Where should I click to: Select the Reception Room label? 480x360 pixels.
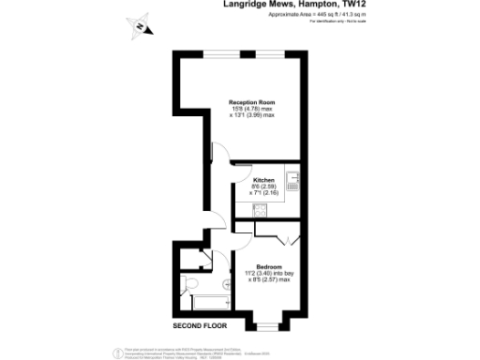253,101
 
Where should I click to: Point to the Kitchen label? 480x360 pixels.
262,179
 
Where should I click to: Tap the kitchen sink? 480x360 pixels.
292,181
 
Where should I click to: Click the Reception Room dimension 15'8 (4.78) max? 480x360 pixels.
253,109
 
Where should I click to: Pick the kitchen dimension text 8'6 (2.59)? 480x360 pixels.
262,187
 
